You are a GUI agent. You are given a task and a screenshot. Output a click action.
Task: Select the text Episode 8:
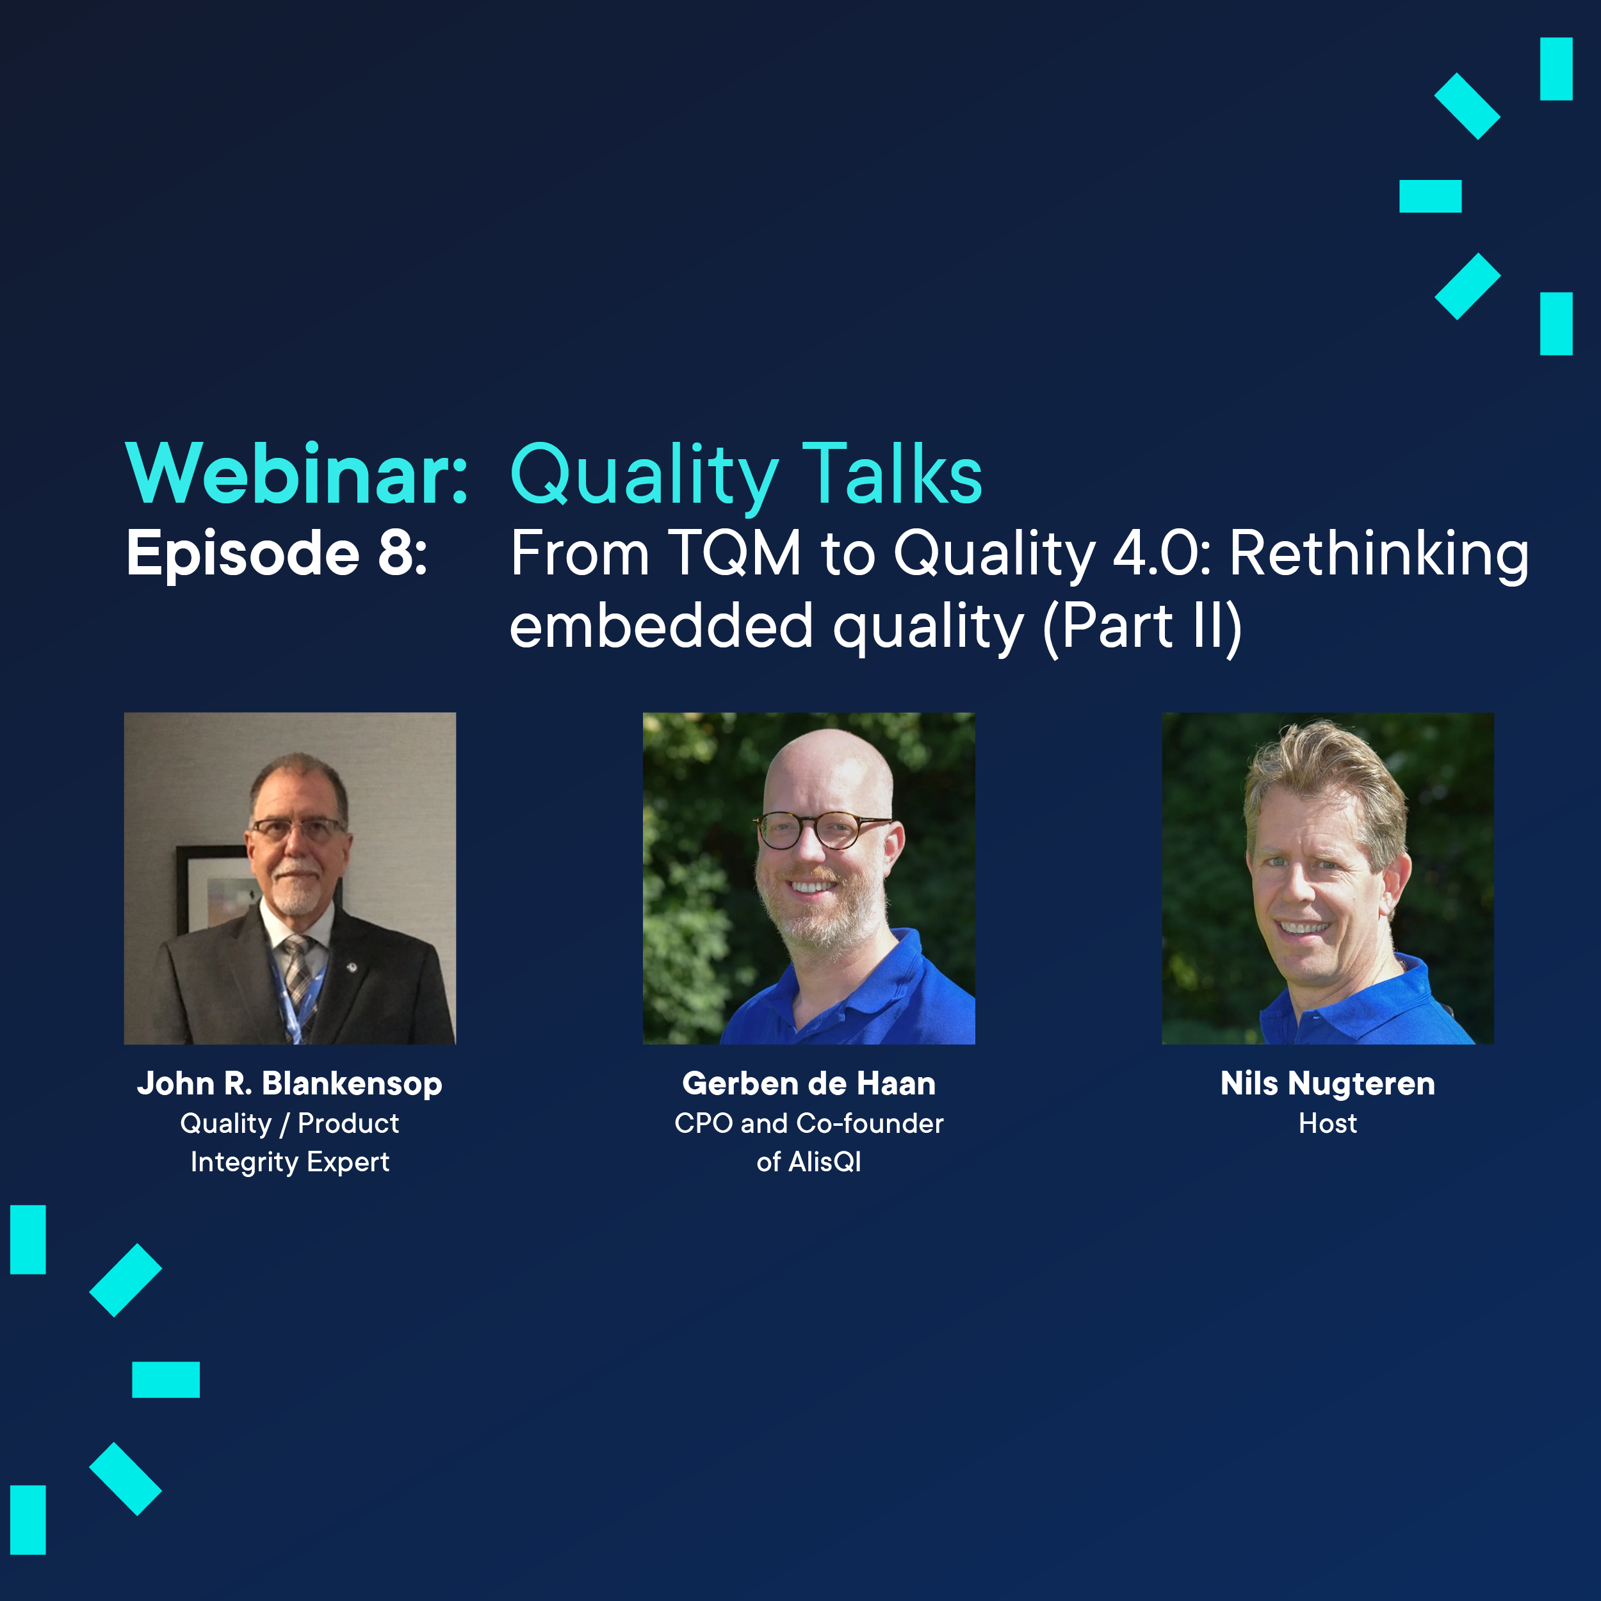coord(277,553)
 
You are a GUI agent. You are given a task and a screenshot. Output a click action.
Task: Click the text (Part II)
coord(1142,626)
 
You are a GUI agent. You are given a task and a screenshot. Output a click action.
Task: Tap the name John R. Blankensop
coord(290,1084)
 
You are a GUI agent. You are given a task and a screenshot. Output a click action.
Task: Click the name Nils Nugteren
coord(1328,1084)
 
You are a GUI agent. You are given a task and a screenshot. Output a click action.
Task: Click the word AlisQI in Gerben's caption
coord(825,1162)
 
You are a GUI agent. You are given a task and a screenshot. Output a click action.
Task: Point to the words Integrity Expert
coord(290,1162)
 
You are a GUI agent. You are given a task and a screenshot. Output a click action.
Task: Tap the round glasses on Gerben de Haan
coord(820,829)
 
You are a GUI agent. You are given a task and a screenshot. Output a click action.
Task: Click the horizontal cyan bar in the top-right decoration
coord(1430,197)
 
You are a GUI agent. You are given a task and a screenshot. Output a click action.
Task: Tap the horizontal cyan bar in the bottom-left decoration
coord(166,1380)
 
